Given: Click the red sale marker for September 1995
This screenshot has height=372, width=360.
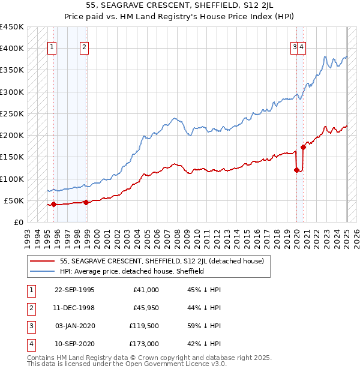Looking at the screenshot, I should pos(53,204).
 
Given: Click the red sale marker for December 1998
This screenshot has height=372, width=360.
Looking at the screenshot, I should pos(86,202).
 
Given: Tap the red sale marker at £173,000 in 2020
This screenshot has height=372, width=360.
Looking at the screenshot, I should pos(304,146).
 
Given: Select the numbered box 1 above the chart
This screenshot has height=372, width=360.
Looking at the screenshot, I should pos(52,48).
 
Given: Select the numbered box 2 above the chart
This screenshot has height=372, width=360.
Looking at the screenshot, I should pos(84,48).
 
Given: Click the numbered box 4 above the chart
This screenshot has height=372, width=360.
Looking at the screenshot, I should pos(302,48).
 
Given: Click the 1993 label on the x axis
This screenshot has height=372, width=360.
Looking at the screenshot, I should pos(27,236).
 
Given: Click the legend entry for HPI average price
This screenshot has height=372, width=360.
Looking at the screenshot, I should pos(132,271).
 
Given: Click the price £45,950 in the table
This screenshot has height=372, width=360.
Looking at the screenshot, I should pos(146,308).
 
